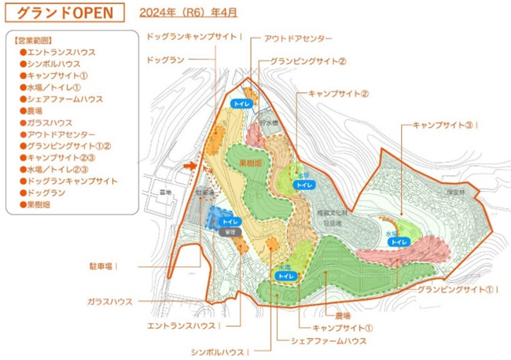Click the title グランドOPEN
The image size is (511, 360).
[x=68, y=14]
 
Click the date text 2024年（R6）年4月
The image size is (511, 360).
[x=186, y=13]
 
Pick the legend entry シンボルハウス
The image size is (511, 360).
[x=57, y=64]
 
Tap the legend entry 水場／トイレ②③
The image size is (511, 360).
[x=64, y=169]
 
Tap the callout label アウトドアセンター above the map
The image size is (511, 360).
[x=298, y=39]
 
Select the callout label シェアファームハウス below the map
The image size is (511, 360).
[x=328, y=340]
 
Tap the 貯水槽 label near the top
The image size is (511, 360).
[x=270, y=123]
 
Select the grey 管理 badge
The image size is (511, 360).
[x=230, y=233]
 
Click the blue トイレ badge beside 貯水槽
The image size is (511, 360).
[x=241, y=103]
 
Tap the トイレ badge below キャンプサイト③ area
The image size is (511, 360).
[x=399, y=241]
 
